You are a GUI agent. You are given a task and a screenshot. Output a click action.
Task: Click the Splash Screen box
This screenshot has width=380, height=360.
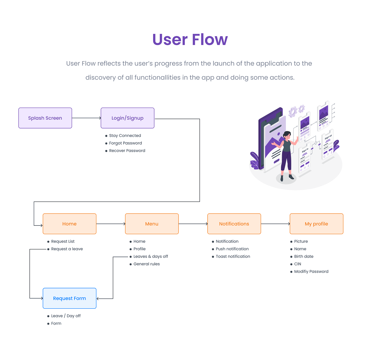tap(45, 118)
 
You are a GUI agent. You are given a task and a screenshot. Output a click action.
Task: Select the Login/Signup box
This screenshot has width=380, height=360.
tap(127, 118)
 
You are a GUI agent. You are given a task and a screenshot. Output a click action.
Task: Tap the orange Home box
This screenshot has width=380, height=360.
tap(69, 224)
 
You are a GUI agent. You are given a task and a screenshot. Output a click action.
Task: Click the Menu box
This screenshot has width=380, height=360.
tap(152, 224)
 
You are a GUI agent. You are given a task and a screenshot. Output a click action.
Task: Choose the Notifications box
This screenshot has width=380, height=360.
tap(234, 224)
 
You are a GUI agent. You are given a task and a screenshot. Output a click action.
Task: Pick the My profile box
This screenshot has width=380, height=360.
tap(316, 224)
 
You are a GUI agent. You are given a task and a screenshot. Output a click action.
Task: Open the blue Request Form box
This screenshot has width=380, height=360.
tap(69, 298)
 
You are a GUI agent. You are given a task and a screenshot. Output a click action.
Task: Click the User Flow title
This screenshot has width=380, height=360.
tap(190, 39)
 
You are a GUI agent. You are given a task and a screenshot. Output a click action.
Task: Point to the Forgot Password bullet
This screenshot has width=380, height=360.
tap(125, 143)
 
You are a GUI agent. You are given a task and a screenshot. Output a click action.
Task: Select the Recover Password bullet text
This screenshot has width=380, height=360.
tap(127, 151)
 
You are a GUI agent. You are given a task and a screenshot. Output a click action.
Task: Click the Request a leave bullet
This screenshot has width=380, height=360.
tap(67, 249)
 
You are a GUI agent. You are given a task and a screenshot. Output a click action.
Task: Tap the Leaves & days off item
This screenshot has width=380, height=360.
tap(151, 256)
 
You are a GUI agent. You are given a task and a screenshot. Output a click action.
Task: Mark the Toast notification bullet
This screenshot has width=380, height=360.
tap(233, 256)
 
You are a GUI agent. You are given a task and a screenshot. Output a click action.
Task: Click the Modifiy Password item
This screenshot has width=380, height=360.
tap(311, 271)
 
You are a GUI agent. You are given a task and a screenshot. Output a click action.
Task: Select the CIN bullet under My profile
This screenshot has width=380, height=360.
tap(297, 264)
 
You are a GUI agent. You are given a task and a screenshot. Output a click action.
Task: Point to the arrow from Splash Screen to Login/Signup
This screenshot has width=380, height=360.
tap(86, 118)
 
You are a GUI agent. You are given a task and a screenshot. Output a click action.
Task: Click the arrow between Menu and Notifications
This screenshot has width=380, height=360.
tap(193, 224)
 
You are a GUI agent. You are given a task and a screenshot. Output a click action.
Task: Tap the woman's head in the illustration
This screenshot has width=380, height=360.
tap(287, 134)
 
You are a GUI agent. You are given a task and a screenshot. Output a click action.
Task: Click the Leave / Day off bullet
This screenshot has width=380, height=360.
tap(66, 316)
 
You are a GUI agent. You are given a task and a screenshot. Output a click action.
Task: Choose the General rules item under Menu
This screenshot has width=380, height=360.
tap(147, 264)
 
